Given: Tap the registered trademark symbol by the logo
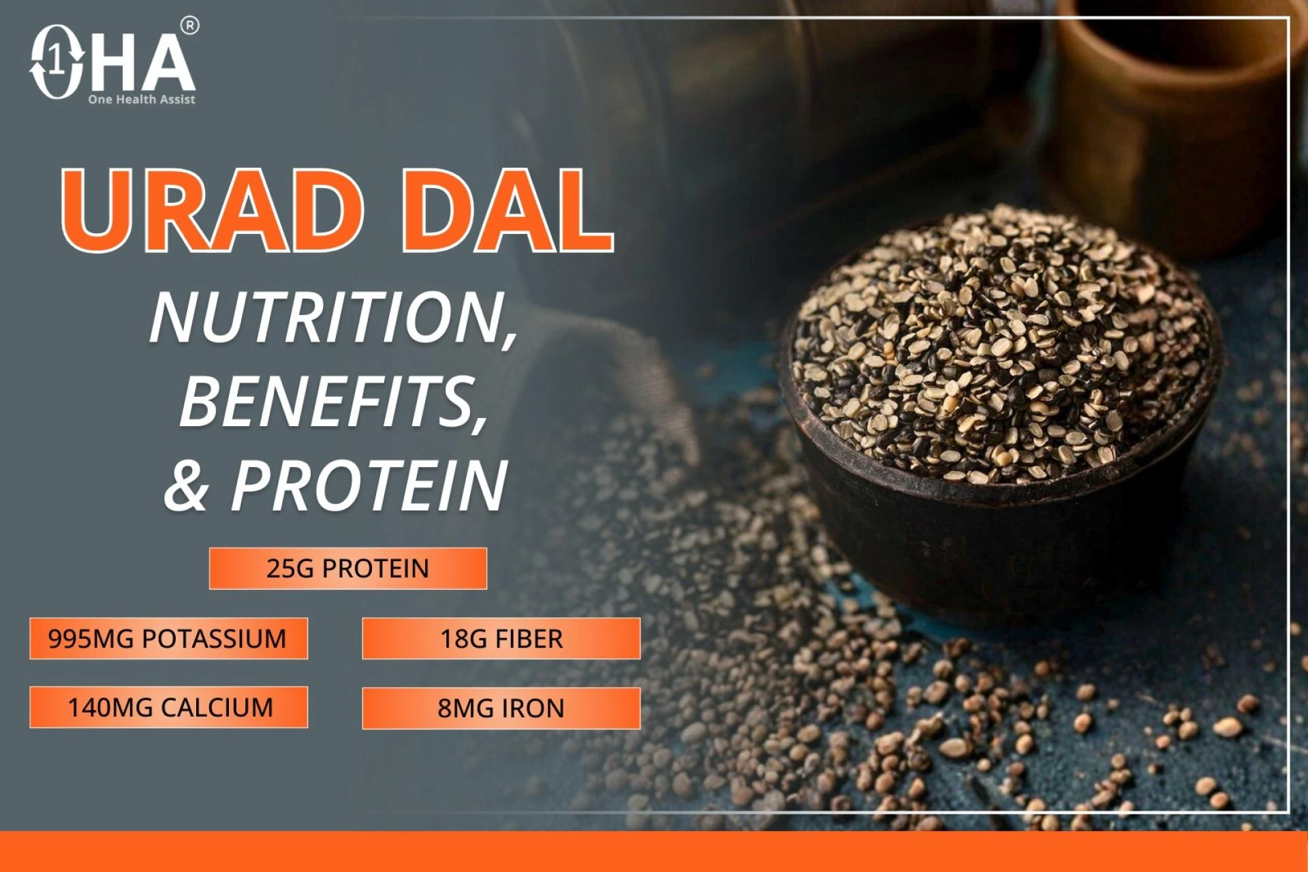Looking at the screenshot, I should tap(190, 27).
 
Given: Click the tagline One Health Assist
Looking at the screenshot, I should tap(142, 100).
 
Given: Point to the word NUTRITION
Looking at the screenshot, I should tap(333, 318).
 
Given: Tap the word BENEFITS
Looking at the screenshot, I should tap(333, 402).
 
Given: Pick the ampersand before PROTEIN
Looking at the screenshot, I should tap(186, 485).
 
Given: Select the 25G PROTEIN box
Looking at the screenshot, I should tap(347, 569).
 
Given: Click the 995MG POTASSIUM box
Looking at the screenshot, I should tap(168, 639).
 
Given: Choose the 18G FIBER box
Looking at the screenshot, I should tap(501, 639).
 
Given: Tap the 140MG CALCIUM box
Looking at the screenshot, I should tap(168, 708).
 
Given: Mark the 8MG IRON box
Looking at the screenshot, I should tap(501, 708).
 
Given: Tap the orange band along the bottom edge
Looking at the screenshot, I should tap(654, 852).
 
